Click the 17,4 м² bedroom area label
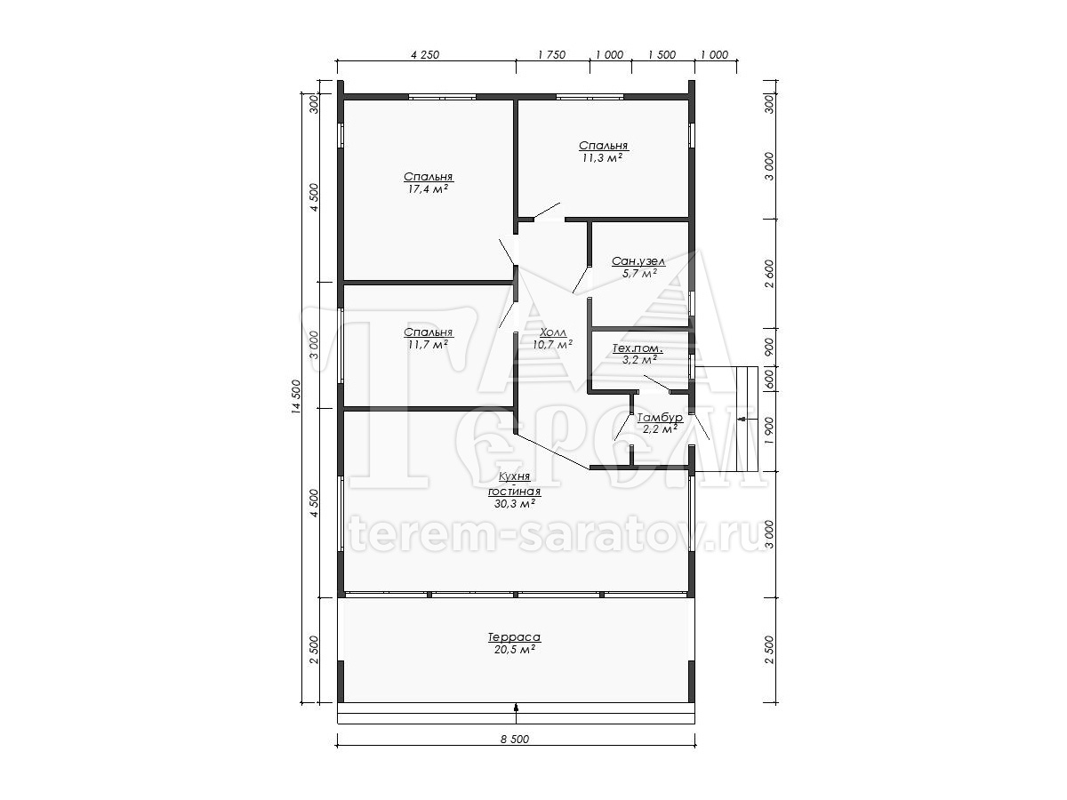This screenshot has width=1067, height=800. [x=428, y=189]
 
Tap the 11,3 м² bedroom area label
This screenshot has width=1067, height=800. [x=603, y=158]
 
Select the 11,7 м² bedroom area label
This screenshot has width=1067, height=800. [x=428, y=345]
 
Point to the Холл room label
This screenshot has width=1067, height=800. [x=553, y=332]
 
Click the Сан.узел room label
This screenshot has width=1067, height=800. [x=638, y=261]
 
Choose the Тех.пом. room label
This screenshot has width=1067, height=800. [x=638, y=348]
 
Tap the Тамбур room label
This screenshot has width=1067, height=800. [x=660, y=417]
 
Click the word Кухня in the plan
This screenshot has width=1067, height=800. [x=514, y=476]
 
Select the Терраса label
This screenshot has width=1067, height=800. [x=514, y=636]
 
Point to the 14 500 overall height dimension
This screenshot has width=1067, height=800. [x=296, y=396]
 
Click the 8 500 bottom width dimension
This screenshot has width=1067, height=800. [x=515, y=740]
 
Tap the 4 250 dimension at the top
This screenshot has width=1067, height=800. [x=425, y=54]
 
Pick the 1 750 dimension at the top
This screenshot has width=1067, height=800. [x=552, y=54]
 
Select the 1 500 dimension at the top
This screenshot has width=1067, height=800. [x=662, y=54]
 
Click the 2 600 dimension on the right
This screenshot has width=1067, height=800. [x=769, y=274]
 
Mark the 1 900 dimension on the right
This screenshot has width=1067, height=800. [x=769, y=430]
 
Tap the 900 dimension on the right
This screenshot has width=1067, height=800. [x=769, y=347]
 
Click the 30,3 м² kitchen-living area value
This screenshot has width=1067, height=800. [x=515, y=504]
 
